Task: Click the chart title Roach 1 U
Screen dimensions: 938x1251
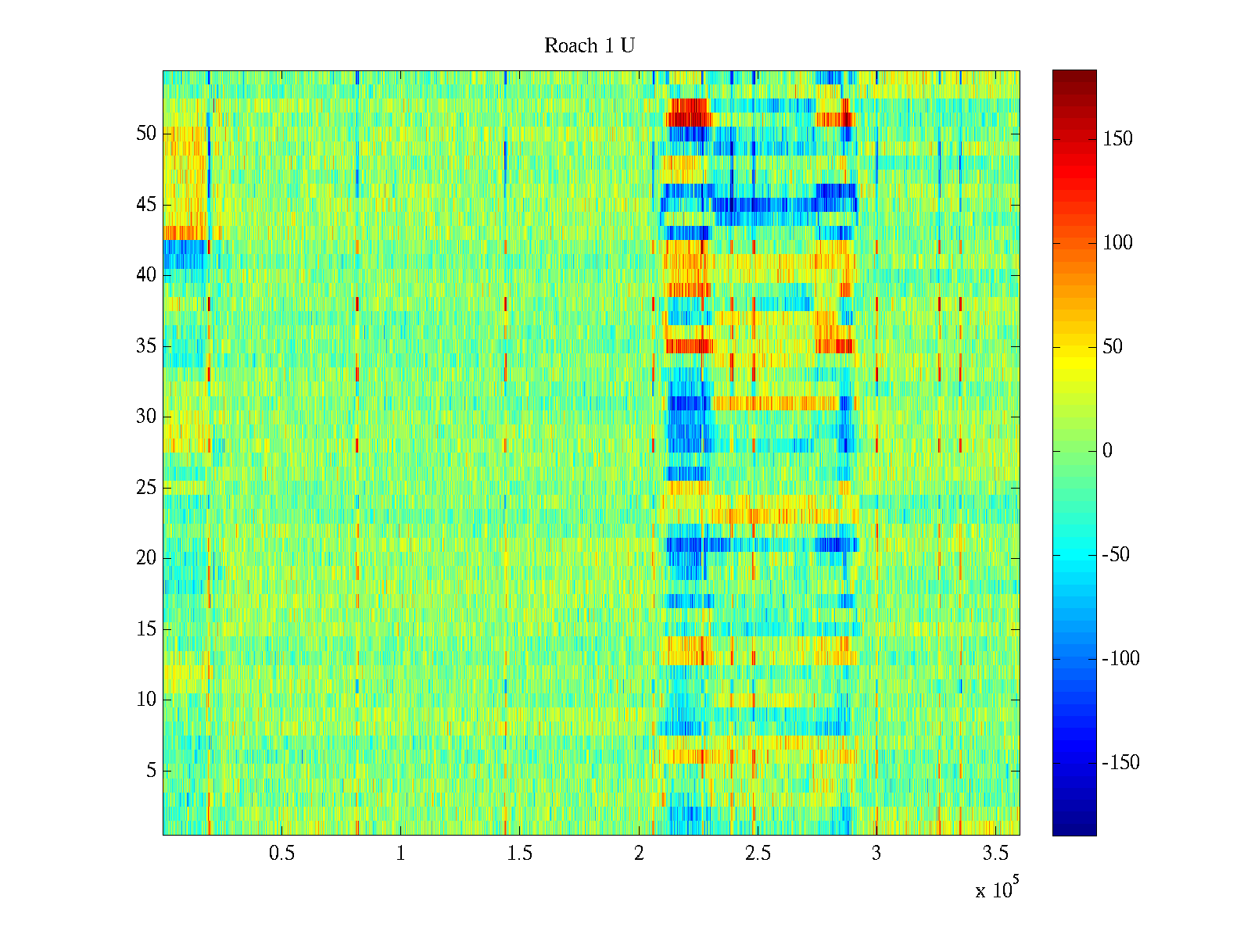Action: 589,46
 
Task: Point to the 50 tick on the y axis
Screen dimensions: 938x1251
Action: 146,134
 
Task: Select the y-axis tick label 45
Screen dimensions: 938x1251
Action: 146,205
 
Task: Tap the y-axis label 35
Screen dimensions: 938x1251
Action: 146,346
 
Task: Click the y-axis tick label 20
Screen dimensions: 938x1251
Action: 146,558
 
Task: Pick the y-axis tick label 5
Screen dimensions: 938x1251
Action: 151,771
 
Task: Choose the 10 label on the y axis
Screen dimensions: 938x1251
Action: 146,700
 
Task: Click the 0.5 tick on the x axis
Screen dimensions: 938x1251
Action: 281,854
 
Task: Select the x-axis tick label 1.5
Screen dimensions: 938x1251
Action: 519,854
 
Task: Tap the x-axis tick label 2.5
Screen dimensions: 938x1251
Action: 758,854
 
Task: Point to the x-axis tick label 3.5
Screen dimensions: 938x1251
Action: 995,854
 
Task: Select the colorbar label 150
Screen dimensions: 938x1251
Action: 1117,139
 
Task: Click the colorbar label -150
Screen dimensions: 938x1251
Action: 1120,763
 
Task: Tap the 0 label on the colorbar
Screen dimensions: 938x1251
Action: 1107,451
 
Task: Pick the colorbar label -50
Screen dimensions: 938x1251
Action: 1116,555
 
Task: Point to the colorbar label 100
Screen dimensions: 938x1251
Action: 1117,243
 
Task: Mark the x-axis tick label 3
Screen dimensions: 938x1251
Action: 876,854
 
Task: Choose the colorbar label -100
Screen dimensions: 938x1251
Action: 1120,659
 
